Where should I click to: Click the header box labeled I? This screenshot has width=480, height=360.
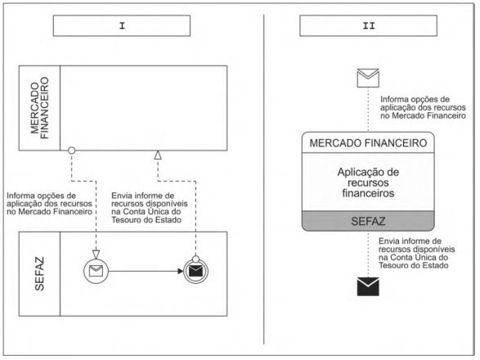122,25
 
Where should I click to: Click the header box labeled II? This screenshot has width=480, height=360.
368,25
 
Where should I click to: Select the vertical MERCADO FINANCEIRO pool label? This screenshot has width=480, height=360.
40,108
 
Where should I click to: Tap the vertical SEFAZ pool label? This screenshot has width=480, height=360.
39,273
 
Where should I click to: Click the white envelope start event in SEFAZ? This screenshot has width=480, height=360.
96,271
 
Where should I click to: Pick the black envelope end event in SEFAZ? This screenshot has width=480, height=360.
196,271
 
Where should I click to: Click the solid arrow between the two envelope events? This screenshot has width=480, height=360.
146,271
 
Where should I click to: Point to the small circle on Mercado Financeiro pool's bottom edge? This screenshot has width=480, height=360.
72,151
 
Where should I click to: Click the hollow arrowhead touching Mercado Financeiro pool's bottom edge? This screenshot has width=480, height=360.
158,155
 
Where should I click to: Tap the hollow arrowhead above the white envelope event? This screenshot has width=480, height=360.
96,254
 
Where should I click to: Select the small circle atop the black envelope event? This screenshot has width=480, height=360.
196,259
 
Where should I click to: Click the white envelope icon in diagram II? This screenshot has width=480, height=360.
368,78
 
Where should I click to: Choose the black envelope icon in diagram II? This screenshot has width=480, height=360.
368,286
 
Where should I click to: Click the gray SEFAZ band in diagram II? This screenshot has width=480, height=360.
368,221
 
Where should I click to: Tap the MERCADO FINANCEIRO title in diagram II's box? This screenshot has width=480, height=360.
368,143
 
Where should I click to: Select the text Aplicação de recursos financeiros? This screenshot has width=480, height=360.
368,182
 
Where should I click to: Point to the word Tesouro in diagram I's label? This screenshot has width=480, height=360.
125,219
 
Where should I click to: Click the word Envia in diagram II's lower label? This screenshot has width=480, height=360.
388,241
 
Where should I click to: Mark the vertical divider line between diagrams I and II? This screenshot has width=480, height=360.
263,179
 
